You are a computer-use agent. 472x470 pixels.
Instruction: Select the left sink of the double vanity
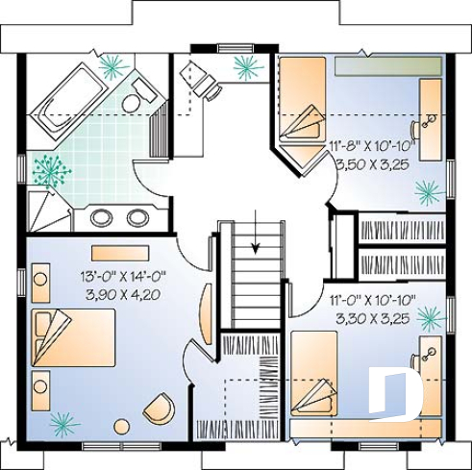102,217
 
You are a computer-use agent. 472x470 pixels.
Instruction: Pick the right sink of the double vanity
137,217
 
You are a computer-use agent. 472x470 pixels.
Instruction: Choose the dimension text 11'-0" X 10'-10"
368,300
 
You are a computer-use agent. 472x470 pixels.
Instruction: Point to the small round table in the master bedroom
122,426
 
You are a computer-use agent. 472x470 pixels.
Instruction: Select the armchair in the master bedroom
159,408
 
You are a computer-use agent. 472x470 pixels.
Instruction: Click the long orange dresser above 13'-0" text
120,254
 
